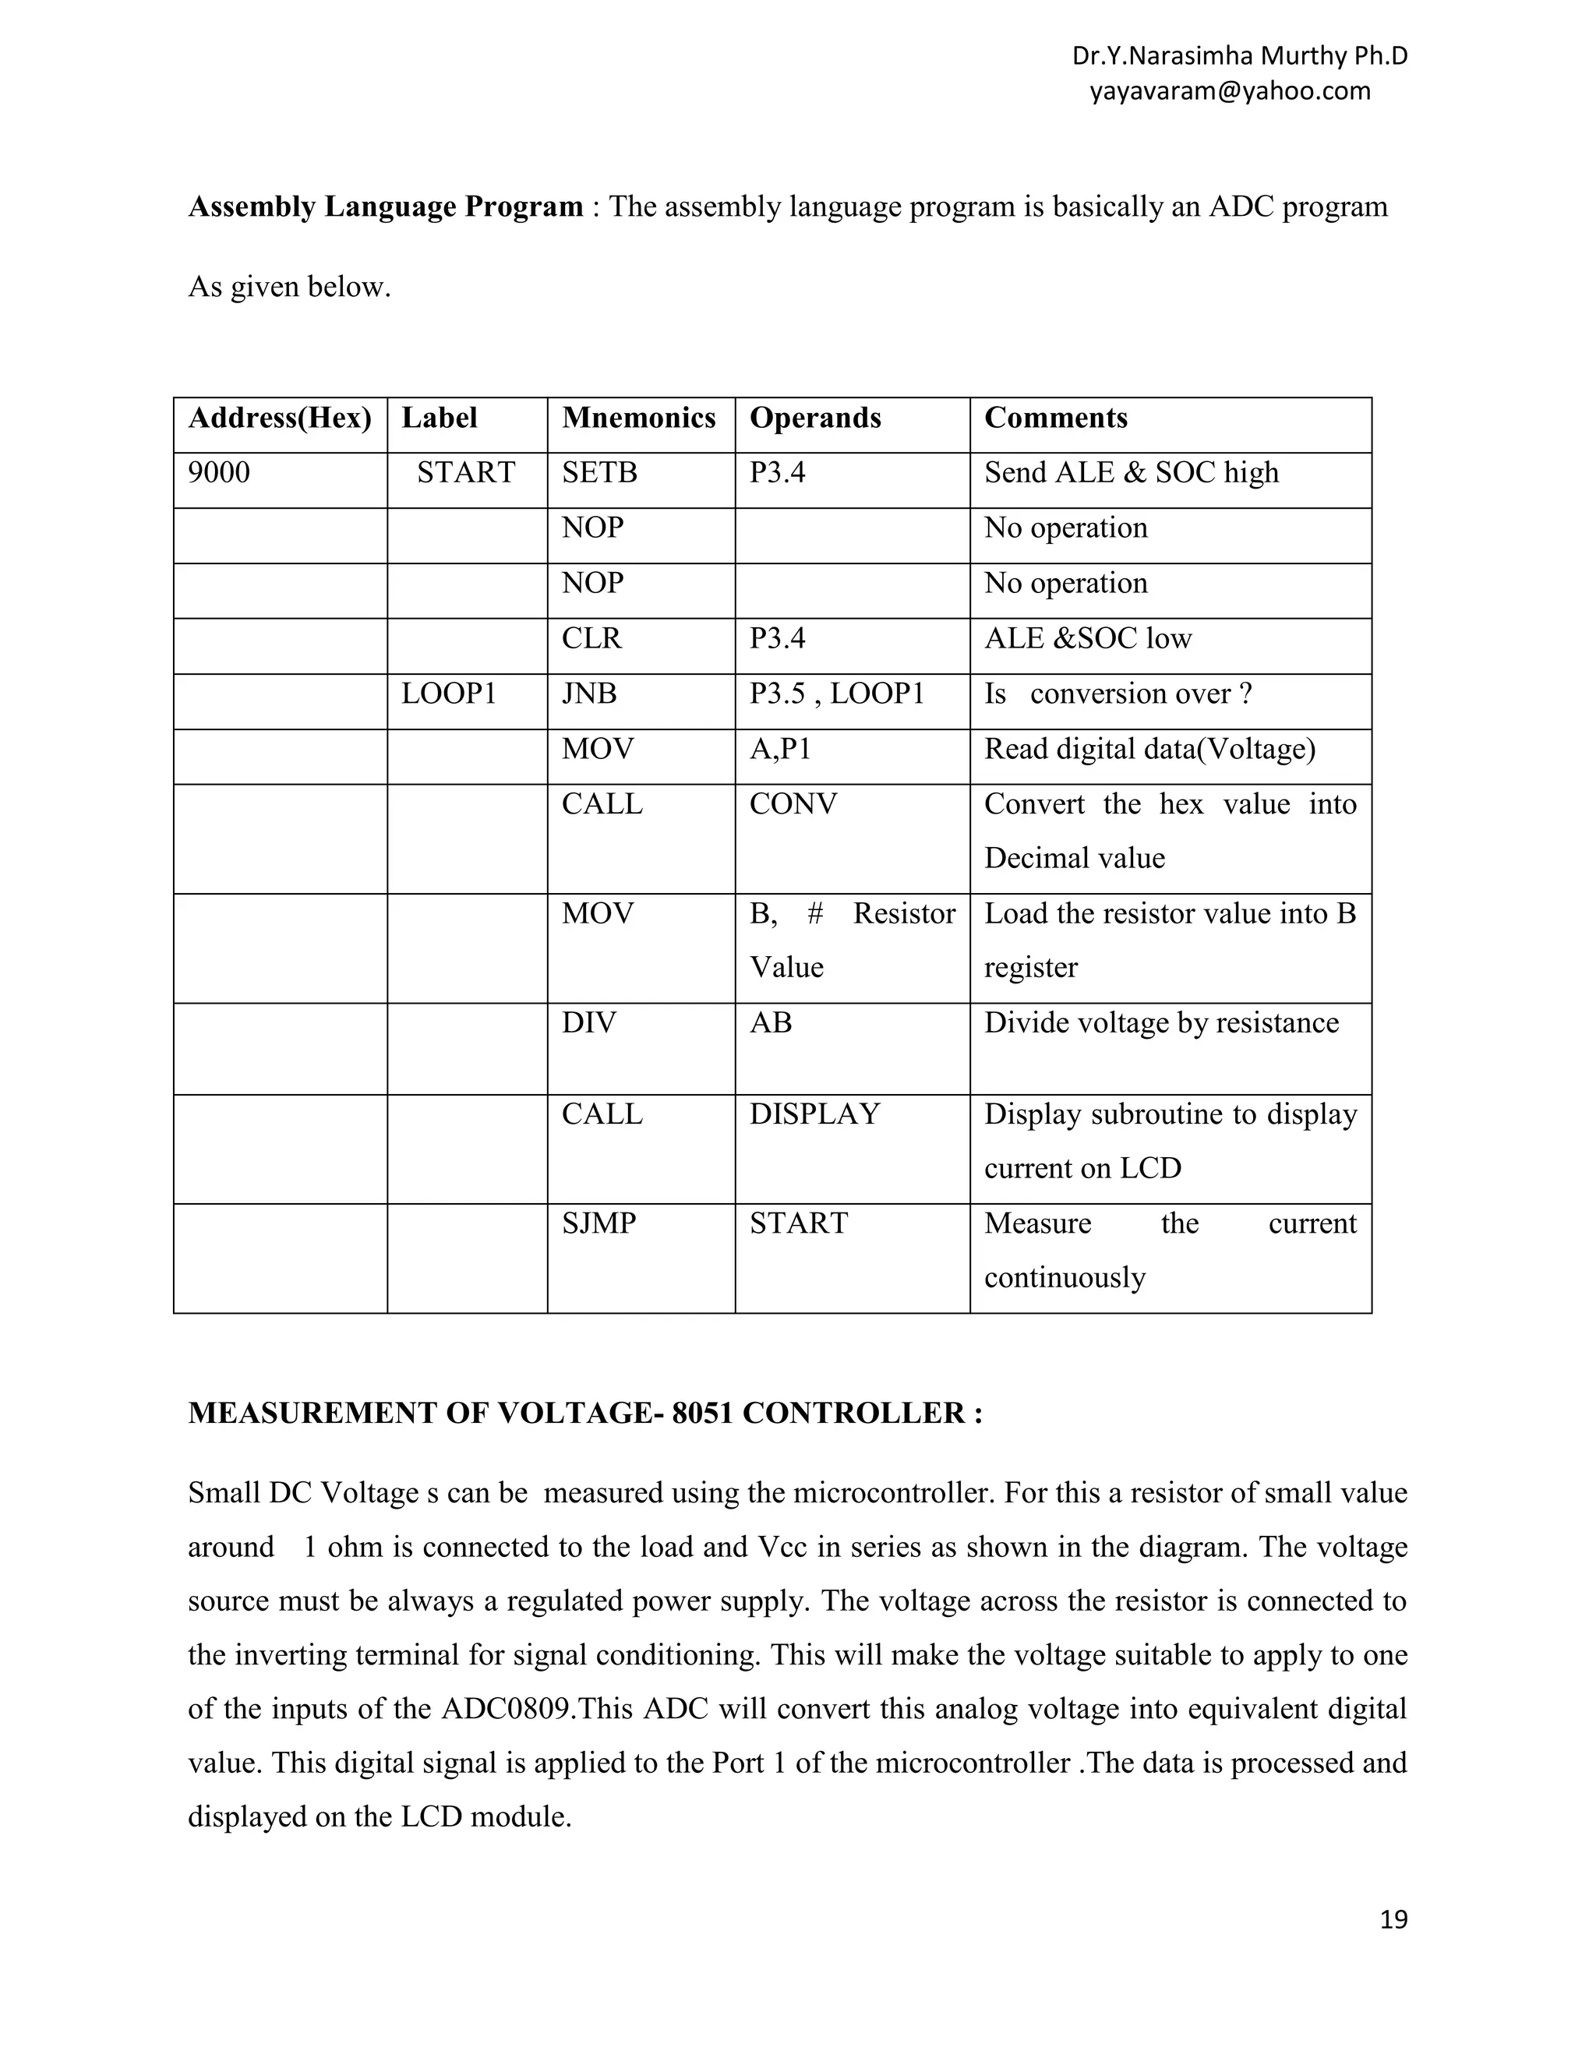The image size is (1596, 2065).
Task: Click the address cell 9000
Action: tap(219, 473)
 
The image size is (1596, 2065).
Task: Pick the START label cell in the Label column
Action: tap(466, 473)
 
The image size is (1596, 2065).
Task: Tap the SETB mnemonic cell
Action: tap(599, 473)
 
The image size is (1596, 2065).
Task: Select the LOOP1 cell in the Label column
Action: tap(448, 694)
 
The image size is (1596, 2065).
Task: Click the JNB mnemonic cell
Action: tap(589, 694)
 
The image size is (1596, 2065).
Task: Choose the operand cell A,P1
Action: tap(780, 749)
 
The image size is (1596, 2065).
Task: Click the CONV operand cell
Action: tap(793, 805)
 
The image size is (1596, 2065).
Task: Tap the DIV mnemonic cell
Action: tap(589, 1023)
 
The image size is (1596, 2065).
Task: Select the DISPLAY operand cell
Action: tap(814, 1115)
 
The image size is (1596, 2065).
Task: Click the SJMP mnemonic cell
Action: tap(598, 1223)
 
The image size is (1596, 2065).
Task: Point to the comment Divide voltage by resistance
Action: tap(1161, 1023)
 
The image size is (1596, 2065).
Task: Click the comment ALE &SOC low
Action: tap(1087, 639)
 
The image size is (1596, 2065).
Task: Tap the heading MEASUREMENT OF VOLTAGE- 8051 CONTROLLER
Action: tap(585, 1414)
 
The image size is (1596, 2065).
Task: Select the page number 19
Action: tap(1393, 1919)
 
